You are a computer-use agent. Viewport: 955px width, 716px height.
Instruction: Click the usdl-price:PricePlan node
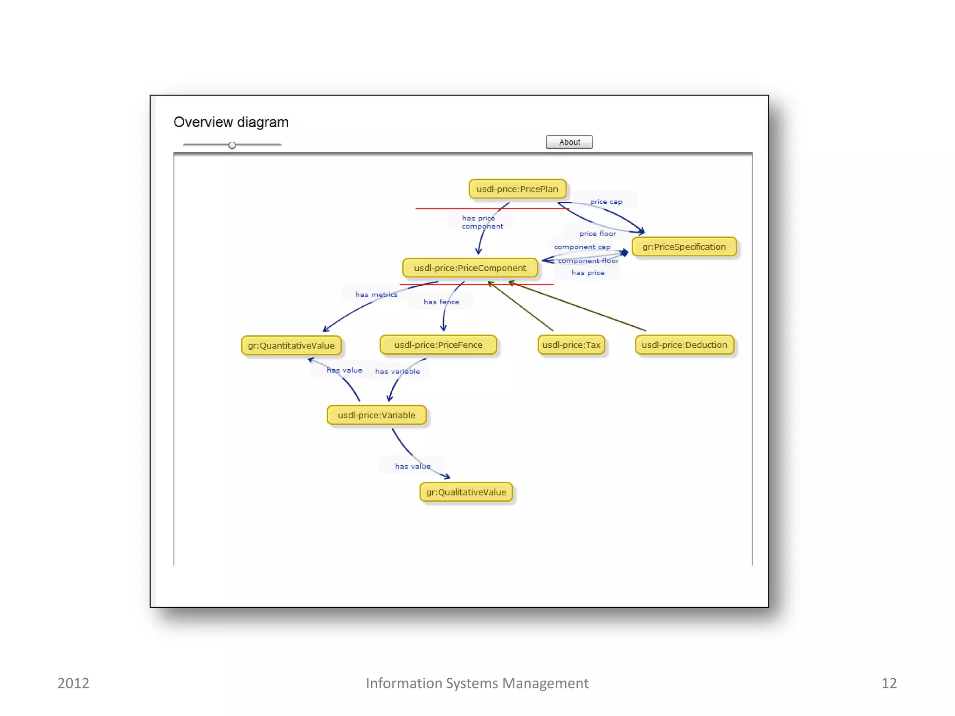tap(517, 189)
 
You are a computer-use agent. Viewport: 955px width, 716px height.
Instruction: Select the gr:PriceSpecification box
tap(684, 247)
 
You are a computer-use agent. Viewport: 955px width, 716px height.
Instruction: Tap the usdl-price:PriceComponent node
tap(470, 268)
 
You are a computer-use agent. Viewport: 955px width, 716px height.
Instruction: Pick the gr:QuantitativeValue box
tap(291, 345)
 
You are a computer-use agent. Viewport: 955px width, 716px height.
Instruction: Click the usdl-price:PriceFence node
tap(438, 345)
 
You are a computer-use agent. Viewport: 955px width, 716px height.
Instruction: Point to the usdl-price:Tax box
tap(571, 345)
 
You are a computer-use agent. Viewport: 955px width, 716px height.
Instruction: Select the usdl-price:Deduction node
tap(684, 345)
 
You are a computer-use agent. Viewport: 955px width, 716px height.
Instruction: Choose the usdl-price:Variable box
tap(376, 415)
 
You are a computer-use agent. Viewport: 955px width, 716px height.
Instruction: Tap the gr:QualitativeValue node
tap(466, 492)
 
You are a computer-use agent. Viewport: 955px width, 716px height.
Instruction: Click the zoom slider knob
tap(232, 145)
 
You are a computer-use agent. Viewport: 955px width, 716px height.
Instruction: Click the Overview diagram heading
tap(231, 122)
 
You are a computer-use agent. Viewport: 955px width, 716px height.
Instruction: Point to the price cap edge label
tap(606, 202)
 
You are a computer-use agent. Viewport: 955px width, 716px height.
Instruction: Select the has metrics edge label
tap(376, 295)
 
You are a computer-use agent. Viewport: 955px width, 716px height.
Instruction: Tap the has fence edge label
tap(441, 302)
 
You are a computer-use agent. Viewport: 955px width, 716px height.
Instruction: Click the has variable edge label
tap(397, 372)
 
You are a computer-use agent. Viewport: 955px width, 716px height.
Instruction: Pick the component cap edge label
tap(582, 247)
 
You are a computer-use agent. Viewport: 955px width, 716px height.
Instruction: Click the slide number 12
tap(889, 683)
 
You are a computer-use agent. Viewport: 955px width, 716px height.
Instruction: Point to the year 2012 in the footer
tap(73, 683)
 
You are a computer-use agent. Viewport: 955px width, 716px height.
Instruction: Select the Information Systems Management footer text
tap(477, 683)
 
